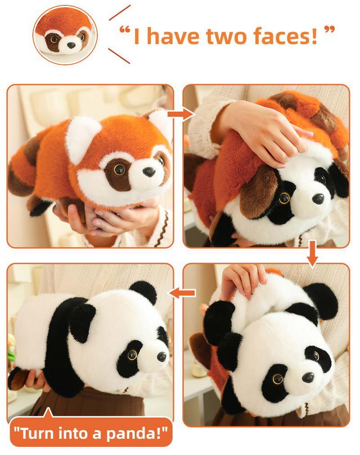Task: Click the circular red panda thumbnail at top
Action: pyautogui.click(x=65, y=35)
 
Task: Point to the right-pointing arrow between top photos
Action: pyautogui.click(x=181, y=114)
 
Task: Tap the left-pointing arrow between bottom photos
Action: pyautogui.click(x=182, y=293)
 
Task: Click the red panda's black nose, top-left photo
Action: pyautogui.click(x=150, y=172)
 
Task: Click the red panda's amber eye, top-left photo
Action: pyautogui.click(x=119, y=169)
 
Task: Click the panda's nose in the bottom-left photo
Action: pyautogui.click(x=162, y=356)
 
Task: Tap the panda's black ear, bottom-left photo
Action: pyautogui.click(x=144, y=291)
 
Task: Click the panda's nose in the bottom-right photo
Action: pyautogui.click(x=308, y=377)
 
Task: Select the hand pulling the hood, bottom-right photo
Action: pyautogui.click(x=244, y=282)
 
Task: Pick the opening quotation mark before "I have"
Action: pyautogui.click(x=124, y=30)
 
